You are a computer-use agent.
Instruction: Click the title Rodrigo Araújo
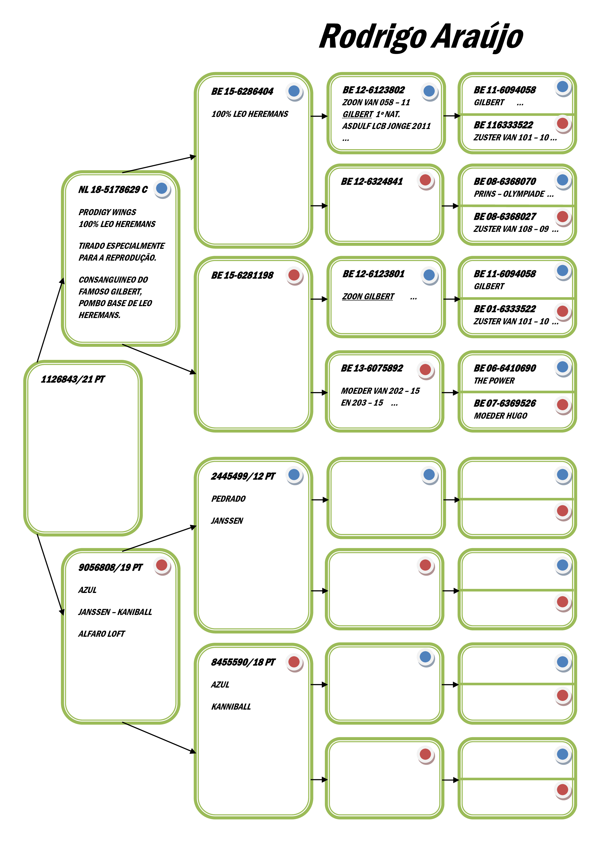click(x=421, y=37)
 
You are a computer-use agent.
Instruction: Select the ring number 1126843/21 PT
click(x=73, y=379)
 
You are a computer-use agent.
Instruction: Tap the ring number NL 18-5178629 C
click(x=113, y=190)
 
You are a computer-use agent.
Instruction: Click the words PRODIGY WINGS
click(x=107, y=212)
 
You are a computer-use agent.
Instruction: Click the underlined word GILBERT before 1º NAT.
click(x=358, y=114)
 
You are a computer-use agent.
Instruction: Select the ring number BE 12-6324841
click(x=372, y=182)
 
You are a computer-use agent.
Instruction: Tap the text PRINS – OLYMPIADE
click(x=509, y=194)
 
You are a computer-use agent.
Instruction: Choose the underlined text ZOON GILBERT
click(x=368, y=296)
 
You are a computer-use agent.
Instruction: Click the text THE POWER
click(x=494, y=381)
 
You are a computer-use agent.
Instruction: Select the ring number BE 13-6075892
click(x=372, y=368)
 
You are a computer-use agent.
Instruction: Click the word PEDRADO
click(x=228, y=499)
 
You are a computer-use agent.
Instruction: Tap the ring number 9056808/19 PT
click(x=110, y=568)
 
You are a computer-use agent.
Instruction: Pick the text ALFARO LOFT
click(x=102, y=634)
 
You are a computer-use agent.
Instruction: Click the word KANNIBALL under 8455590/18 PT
click(x=231, y=707)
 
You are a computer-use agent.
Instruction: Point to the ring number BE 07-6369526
click(x=505, y=403)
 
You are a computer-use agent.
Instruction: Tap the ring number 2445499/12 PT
click(x=243, y=476)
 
